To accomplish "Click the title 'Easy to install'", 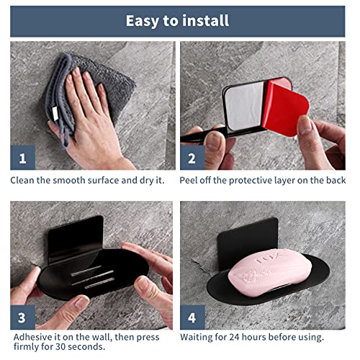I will (177, 20).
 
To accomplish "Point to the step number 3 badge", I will (22, 317).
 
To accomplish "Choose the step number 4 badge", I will (192, 317).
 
